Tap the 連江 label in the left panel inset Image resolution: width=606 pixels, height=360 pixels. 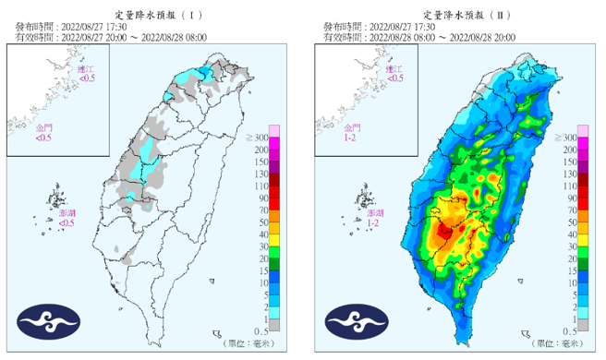click(x=86, y=69)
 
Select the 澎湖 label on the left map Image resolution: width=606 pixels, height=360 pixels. click(x=67, y=213)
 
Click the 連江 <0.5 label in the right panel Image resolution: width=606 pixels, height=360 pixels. click(x=395, y=74)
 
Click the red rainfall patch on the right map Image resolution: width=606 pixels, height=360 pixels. click(x=446, y=231)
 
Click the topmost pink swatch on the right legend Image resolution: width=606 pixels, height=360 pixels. click(x=583, y=130)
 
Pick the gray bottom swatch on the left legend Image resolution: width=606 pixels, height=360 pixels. click(x=274, y=325)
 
